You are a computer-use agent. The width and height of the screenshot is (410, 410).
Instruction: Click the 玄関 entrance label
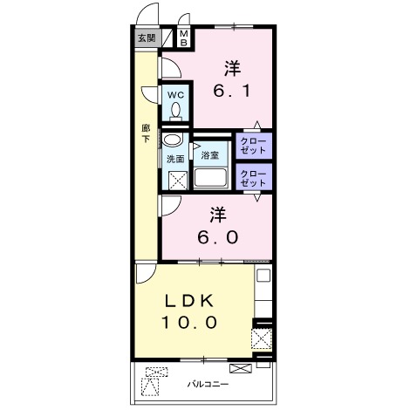point(147,38)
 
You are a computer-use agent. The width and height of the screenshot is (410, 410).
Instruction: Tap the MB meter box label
point(184,38)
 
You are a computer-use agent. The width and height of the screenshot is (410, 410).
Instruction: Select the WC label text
point(175,95)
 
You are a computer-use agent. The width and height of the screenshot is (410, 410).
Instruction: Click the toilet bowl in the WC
point(175,112)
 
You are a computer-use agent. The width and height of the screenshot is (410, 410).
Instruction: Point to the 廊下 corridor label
point(146,133)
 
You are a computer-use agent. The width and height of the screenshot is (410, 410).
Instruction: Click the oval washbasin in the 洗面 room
point(172,140)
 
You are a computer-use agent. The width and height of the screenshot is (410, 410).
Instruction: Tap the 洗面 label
point(175,159)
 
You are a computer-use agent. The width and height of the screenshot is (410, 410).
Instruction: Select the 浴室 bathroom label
point(209,155)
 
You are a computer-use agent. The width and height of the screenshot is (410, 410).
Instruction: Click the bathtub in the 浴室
point(210,177)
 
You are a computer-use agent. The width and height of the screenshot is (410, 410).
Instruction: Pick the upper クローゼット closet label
point(253,146)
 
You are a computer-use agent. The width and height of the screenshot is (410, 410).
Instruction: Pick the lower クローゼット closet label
point(253,178)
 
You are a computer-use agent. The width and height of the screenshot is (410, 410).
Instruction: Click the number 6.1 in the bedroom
point(231,92)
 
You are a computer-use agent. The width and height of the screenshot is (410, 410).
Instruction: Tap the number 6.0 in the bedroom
point(218,237)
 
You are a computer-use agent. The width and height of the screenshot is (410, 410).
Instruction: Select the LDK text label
point(189,302)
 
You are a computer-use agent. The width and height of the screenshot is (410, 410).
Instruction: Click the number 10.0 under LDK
point(189,322)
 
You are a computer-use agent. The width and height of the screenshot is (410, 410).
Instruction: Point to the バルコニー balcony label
point(208,385)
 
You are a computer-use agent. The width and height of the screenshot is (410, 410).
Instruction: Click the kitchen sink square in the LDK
point(263,276)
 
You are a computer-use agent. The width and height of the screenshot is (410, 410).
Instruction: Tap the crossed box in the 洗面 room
point(178,181)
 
